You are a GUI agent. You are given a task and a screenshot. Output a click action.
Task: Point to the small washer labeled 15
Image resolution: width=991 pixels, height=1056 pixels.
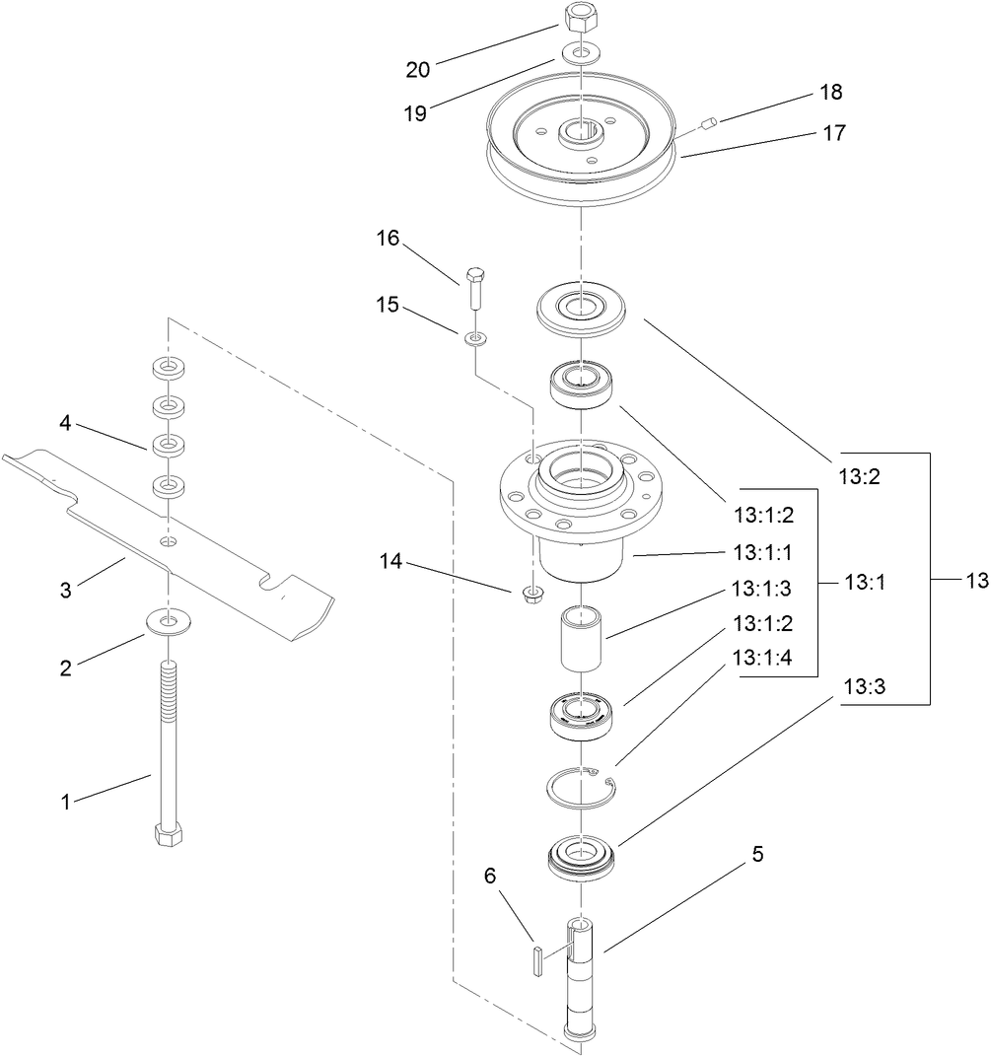[474, 339]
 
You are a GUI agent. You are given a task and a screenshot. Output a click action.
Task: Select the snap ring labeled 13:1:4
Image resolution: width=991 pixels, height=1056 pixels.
[582, 783]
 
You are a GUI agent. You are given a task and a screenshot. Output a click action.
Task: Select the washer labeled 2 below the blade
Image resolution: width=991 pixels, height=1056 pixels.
[170, 622]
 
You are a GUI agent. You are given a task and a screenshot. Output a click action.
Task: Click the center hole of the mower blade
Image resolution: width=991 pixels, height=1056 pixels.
[170, 542]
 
